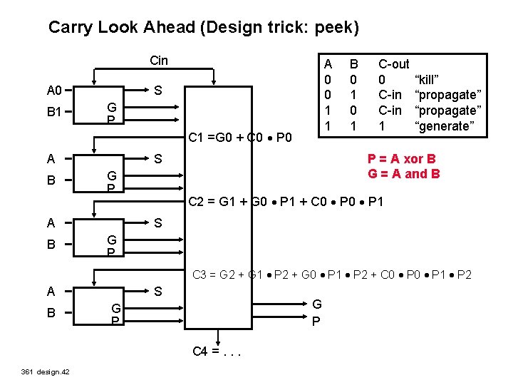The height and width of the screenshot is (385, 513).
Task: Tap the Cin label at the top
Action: (x=159, y=61)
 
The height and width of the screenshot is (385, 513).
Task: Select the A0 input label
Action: (x=54, y=91)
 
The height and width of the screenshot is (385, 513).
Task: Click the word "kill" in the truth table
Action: (x=430, y=79)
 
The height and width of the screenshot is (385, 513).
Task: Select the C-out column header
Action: (x=393, y=63)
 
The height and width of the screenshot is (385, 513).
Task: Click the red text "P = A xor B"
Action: (x=401, y=160)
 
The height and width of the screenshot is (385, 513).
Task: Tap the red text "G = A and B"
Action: (x=403, y=173)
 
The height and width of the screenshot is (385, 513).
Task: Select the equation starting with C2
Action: (x=286, y=202)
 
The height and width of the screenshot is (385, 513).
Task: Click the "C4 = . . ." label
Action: (x=218, y=350)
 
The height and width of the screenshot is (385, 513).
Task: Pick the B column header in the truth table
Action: (x=352, y=63)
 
